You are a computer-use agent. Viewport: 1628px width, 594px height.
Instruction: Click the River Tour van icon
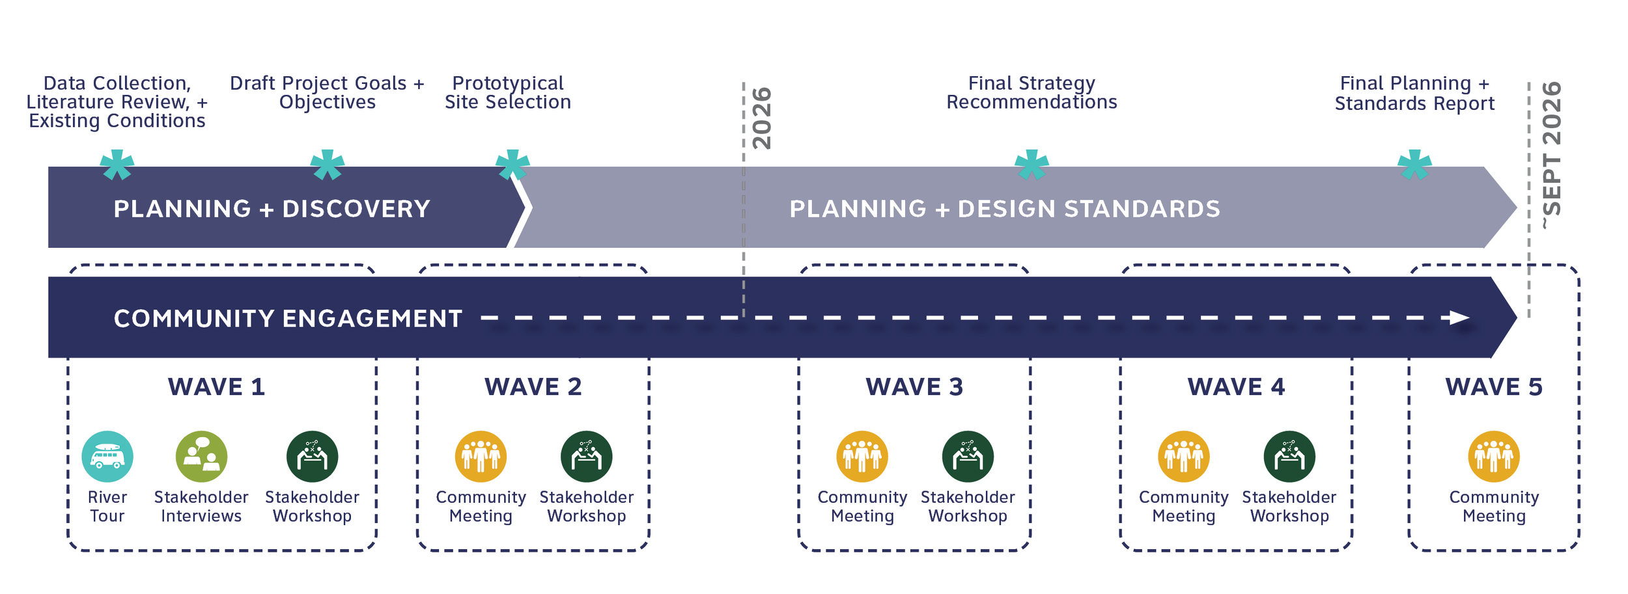tap(107, 457)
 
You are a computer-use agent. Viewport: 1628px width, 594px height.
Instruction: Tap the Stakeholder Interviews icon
tap(201, 457)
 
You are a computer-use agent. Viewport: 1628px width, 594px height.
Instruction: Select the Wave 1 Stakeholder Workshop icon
tap(312, 457)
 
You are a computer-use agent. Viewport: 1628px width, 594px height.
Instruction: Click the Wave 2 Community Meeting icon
tap(481, 457)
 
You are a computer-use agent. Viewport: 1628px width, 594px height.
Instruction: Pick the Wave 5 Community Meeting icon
tap(1494, 457)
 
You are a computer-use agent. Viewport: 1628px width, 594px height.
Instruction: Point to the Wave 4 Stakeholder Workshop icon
tap(1289, 457)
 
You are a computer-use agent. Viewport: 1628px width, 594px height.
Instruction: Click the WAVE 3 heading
tap(914, 387)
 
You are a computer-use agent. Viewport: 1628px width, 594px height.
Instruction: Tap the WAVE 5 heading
tap(1494, 387)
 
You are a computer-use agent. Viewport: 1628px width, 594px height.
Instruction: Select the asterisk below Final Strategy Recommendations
tap(1032, 165)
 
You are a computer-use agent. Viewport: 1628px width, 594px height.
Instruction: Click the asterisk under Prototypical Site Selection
tap(512, 165)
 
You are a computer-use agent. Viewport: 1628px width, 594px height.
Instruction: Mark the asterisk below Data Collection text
tap(117, 165)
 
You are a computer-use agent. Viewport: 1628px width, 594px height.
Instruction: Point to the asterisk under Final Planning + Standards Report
tap(1414, 165)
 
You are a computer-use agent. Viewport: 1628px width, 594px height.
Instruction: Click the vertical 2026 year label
tap(762, 118)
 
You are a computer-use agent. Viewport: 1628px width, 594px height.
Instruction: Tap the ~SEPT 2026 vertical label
tap(1552, 155)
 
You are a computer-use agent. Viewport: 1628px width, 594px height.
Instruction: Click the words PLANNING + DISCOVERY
tap(272, 209)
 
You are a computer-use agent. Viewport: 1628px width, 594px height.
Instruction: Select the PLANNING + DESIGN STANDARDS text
tap(1005, 209)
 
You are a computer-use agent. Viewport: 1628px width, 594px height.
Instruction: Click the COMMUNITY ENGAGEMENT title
tap(288, 319)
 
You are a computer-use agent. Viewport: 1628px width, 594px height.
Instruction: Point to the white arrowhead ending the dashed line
tap(1459, 318)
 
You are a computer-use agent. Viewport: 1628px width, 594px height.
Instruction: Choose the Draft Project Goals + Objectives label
tap(327, 92)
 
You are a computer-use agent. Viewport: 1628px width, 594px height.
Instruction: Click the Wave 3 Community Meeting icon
tap(862, 457)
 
